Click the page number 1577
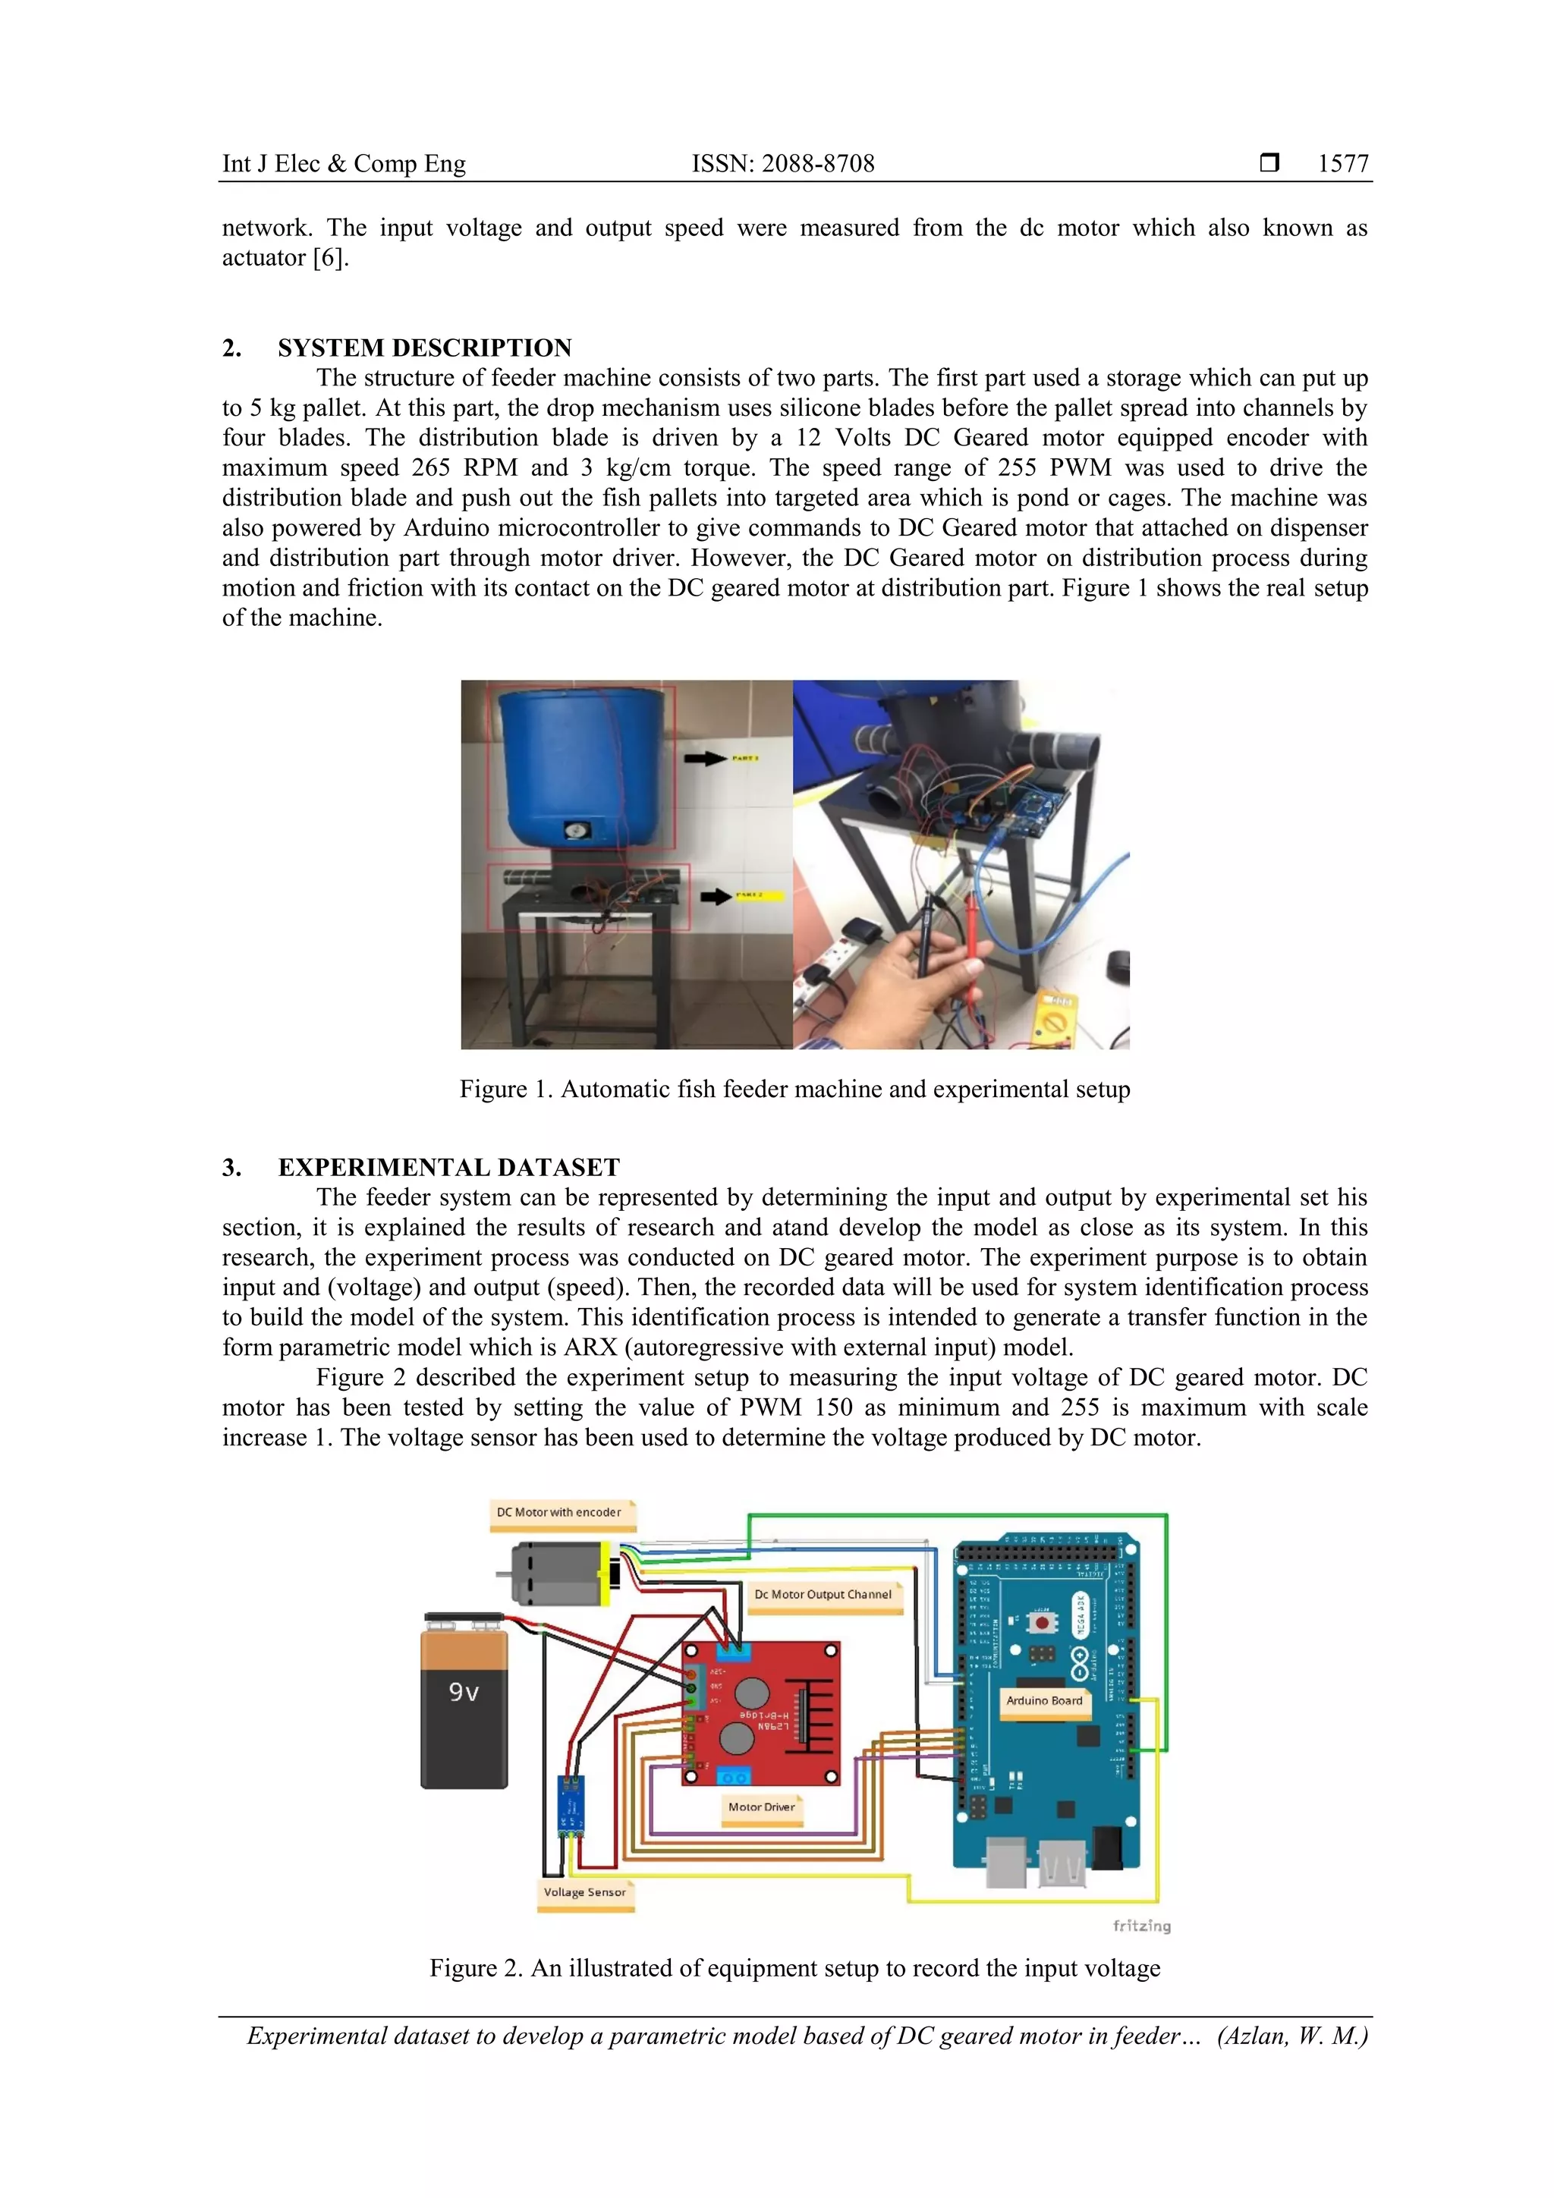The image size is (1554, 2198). tap(1342, 164)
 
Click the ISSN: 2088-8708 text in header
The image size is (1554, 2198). tap(782, 164)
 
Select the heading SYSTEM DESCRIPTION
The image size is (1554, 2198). tap(424, 347)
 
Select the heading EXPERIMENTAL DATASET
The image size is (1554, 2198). tap(448, 1167)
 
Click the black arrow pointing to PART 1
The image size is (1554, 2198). tap(705, 758)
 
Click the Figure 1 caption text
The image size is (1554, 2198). tap(794, 1090)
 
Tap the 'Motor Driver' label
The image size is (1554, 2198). tap(761, 1807)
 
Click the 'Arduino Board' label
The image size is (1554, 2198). tap(1043, 1701)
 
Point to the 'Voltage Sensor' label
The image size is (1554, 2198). tap(584, 1891)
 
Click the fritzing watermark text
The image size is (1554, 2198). tap(1141, 1925)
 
